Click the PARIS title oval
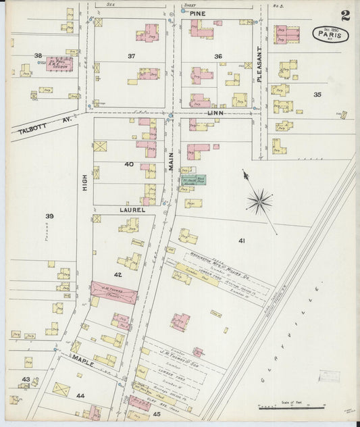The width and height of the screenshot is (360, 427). (x=330, y=34)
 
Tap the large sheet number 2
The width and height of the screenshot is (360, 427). (x=345, y=15)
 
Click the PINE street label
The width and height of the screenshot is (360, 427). (x=197, y=13)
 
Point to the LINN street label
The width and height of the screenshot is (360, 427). (x=215, y=114)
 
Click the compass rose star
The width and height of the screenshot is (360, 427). (x=259, y=201)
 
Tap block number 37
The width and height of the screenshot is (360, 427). (x=132, y=56)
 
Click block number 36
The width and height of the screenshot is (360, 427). (x=218, y=56)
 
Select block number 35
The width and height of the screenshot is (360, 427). (x=317, y=95)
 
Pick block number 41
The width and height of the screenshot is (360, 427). (x=241, y=240)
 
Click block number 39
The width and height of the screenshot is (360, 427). (x=49, y=216)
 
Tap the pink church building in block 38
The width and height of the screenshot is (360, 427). (x=59, y=65)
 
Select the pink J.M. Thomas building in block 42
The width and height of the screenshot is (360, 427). (x=114, y=292)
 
